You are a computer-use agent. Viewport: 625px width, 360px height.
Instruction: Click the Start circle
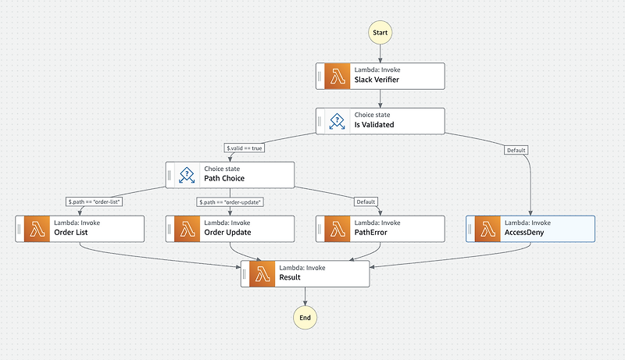click(x=380, y=33)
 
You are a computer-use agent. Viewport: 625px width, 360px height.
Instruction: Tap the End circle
click(x=305, y=317)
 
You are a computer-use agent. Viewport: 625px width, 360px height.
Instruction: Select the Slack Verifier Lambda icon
click(x=337, y=76)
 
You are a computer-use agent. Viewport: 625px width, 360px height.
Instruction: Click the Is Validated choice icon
click(x=337, y=121)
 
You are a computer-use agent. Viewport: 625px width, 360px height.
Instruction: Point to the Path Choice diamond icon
click(x=187, y=175)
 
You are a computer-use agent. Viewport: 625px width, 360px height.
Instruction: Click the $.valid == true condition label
click(x=245, y=148)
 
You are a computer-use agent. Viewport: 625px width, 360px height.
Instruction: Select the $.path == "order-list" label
click(x=94, y=202)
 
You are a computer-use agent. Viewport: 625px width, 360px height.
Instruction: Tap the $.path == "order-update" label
click(x=230, y=202)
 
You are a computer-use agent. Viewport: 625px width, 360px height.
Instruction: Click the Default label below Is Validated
click(x=516, y=150)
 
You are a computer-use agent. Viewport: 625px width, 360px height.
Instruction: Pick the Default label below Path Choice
click(x=366, y=202)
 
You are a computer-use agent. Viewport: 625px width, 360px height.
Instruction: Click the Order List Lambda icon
click(x=37, y=229)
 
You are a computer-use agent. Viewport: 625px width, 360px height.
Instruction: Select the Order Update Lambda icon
click(x=187, y=229)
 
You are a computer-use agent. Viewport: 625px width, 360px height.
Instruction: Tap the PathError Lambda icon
click(x=337, y=229)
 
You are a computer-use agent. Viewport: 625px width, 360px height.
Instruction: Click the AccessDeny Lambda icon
click(x=487, y=229)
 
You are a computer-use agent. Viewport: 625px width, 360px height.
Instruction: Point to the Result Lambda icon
click(x=262, y=274)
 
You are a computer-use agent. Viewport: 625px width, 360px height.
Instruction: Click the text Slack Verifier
click(x=377, y=80)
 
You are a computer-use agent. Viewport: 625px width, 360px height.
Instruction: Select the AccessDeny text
click(x=524, y=233)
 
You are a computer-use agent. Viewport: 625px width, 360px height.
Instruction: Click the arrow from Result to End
click(x=305, y=296)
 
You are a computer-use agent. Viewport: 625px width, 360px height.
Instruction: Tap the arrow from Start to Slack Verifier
click(x=380, y=54)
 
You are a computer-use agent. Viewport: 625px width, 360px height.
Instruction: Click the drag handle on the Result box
click(x=245, y=274)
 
